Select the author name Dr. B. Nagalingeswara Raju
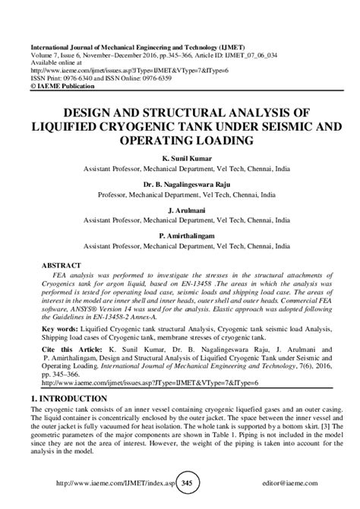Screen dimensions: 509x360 [180, 184]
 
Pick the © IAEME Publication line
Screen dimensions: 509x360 [66, 85]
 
